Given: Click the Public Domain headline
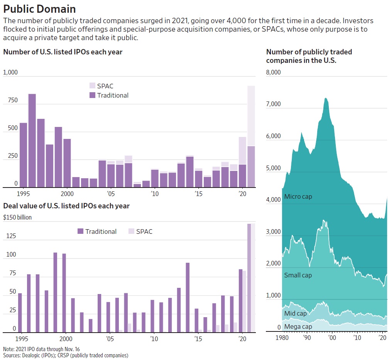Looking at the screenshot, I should pos(39,9).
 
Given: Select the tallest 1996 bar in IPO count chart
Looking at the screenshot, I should pos(32,140).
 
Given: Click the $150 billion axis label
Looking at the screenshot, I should pos(17,217).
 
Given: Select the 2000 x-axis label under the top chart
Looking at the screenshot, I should pos(67,193).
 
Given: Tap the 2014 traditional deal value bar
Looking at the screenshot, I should pos(188,297).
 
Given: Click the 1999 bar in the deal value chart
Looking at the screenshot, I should pos(55,292).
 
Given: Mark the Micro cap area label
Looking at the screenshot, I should pos(298,197).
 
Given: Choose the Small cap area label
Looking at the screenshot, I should pos(298,275).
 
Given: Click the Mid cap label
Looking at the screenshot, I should pos(296,313).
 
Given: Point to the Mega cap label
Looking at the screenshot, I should pos(298,327).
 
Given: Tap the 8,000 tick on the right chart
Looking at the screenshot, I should pos(274,73).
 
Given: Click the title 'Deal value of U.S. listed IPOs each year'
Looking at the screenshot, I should pos(66,206).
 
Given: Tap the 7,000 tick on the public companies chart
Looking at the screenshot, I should pos(274,105).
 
